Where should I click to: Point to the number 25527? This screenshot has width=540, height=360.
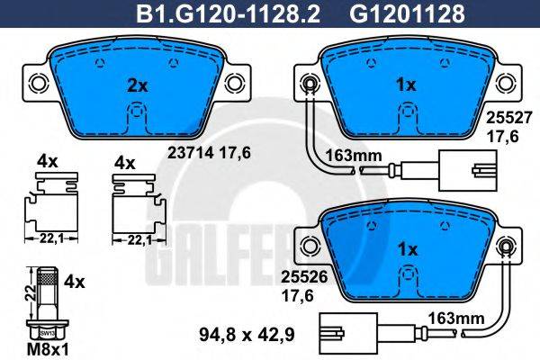(x=504, y=117)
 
